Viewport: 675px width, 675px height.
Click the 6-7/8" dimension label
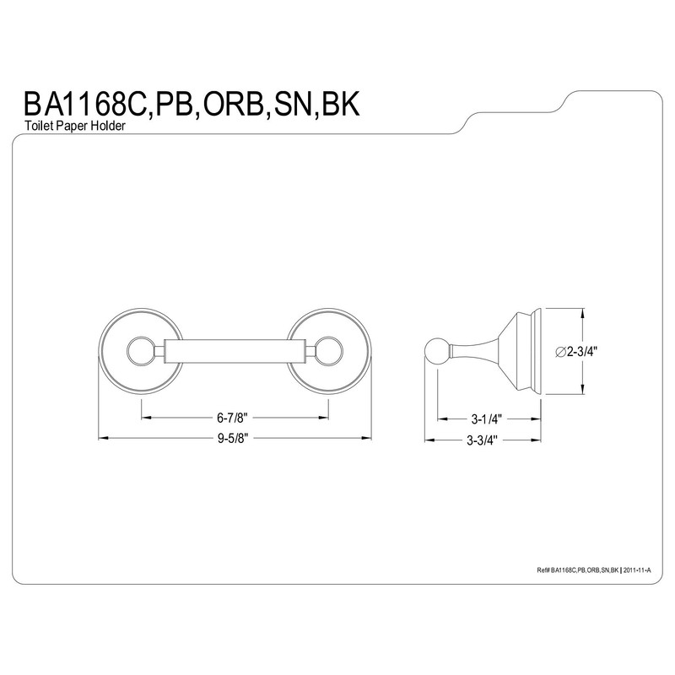click(x=233, y=417)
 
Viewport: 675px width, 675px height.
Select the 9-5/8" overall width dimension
click(x=233, y=438)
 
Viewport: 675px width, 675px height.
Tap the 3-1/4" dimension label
click(x=487, y=418)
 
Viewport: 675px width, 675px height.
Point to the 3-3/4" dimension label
click(x=482, y=440)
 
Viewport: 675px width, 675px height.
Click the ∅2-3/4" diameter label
click(x=576, y=352)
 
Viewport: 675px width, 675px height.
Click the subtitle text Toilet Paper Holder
click(x=75, y=126)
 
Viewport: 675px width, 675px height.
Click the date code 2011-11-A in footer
click(x=637, y=570)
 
